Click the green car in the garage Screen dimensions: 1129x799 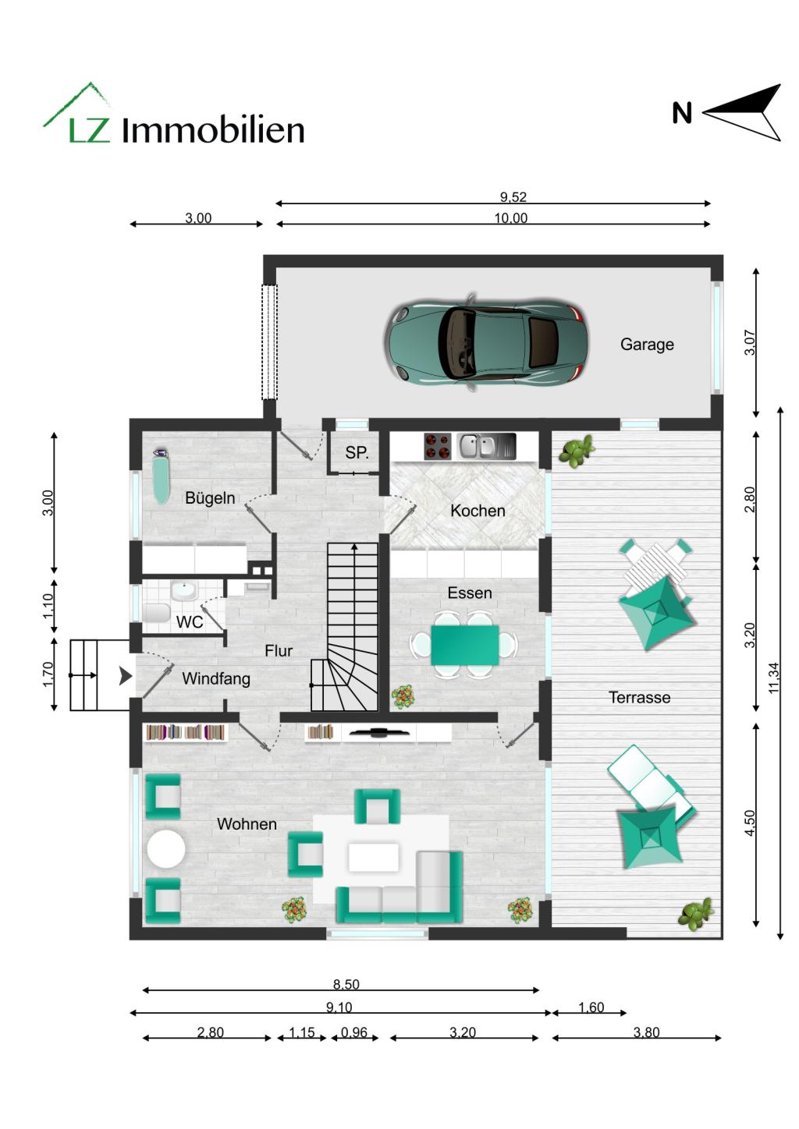point(484,342)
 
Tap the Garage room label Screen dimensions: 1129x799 point(647,344)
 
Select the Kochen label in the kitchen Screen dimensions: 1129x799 point(478,511)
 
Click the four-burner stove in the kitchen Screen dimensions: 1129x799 point(438,447)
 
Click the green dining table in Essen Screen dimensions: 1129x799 point(464,645)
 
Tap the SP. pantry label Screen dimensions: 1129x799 point(357,453)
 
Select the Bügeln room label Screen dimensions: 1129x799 point(210,498)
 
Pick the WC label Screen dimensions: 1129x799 point(190,621)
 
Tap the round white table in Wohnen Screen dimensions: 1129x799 point(166,849)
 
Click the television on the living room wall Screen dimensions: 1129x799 point(378,732)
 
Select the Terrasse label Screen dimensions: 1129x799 point(639,698)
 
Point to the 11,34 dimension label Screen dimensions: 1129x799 point(773,677)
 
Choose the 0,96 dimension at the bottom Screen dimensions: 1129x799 point(353,1032)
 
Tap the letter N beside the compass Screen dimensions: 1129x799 point(682,114)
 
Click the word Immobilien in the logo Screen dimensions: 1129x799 point(213,130)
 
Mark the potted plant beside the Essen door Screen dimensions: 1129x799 point(403,696)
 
